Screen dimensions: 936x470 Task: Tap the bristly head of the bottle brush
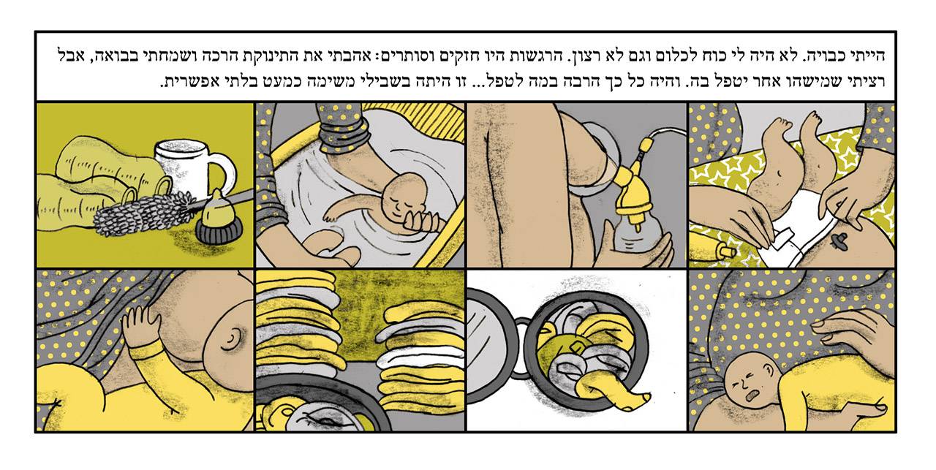140,212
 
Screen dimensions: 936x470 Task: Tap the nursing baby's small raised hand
141,325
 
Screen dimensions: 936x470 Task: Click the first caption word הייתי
867,56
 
